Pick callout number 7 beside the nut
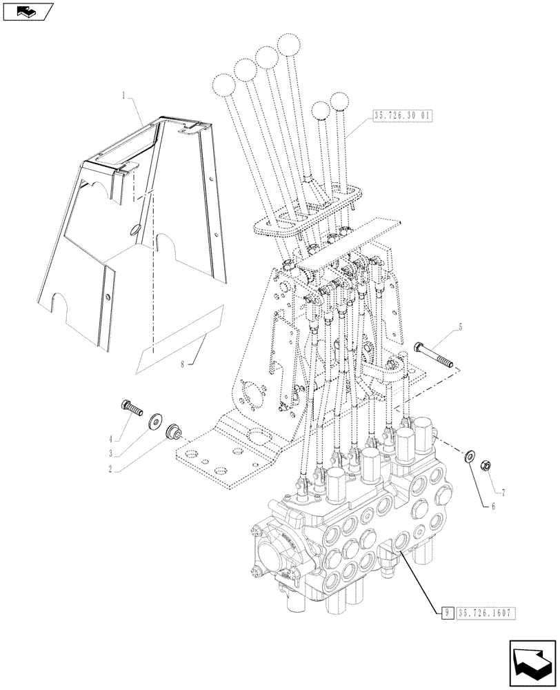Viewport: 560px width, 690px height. tap(503, 493)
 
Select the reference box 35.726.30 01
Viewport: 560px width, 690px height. tap(402, 117)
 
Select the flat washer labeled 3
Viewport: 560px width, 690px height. tap(152, 420)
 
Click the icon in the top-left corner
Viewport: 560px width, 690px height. tap(28, 12)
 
